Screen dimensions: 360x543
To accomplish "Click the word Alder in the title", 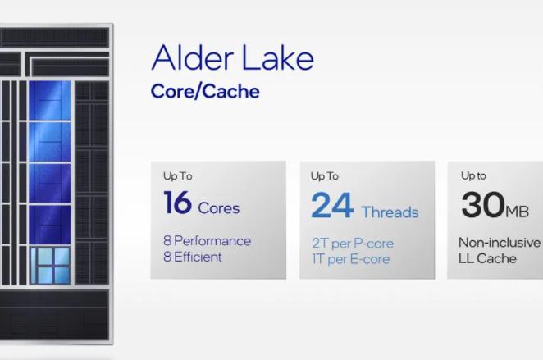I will tap(190, 59).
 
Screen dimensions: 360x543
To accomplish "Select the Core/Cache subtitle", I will tap(204, 91).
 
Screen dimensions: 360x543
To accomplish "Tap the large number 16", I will tap(177, 203).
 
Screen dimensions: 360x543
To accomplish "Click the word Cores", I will tap(219, 207).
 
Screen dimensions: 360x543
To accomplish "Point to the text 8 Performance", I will tap(207, 241).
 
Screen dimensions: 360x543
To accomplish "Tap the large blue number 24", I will tap(332, 207).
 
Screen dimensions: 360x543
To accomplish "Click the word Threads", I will tap(390, 212).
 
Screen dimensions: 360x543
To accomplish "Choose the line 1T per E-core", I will tap(350, 259).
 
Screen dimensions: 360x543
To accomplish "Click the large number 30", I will tap(481, 205).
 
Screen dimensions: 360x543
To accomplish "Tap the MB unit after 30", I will tap(517, 210).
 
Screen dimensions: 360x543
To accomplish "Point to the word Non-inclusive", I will tap(500, 243).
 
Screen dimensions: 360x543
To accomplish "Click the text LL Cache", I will tap(487, 258).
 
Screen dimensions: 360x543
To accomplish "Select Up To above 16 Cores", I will tap(177, 175).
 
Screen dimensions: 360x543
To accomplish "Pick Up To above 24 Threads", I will tap(325, 175).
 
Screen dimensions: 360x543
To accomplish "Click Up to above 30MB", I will tap(473, 175).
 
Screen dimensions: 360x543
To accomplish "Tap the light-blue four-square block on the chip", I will tap(51, 266).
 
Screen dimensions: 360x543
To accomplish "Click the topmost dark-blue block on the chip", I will tap(50, 100).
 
